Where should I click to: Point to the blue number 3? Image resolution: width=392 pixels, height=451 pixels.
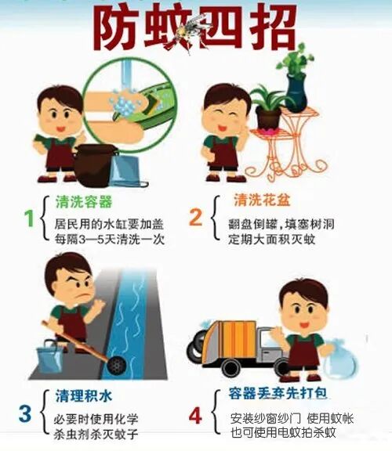pyautogui.click(x=25, y=412)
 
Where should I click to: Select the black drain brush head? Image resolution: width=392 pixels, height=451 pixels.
pyautogui.click(x=116, y=365)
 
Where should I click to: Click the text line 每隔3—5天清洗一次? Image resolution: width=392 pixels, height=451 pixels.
pyautogui.click(x=110, y=240)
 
